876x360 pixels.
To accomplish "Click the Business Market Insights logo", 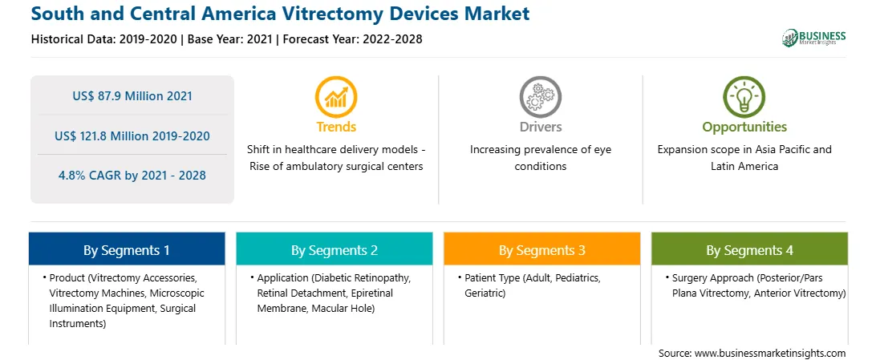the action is [813, 38].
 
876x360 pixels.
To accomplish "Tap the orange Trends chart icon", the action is [336, 96].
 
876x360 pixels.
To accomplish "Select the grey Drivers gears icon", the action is [540, 96].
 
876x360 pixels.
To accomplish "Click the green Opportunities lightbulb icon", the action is [744, 96].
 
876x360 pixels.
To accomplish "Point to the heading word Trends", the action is [336, 127].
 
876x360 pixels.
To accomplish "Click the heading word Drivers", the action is [540, 127].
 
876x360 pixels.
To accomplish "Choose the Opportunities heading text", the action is [744, 127].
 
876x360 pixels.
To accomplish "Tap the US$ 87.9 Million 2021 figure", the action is [132, 96].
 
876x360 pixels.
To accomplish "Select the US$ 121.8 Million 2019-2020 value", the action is [132, 136].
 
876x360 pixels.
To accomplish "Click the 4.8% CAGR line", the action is [132, 176].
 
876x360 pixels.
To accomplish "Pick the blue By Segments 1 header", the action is [127, 250].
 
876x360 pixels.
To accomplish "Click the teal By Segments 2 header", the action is [334, 250].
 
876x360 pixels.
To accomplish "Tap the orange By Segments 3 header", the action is [542, 250].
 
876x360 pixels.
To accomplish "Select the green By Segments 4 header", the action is [750, 250].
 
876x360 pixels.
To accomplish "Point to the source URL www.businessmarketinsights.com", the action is [770, 354].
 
